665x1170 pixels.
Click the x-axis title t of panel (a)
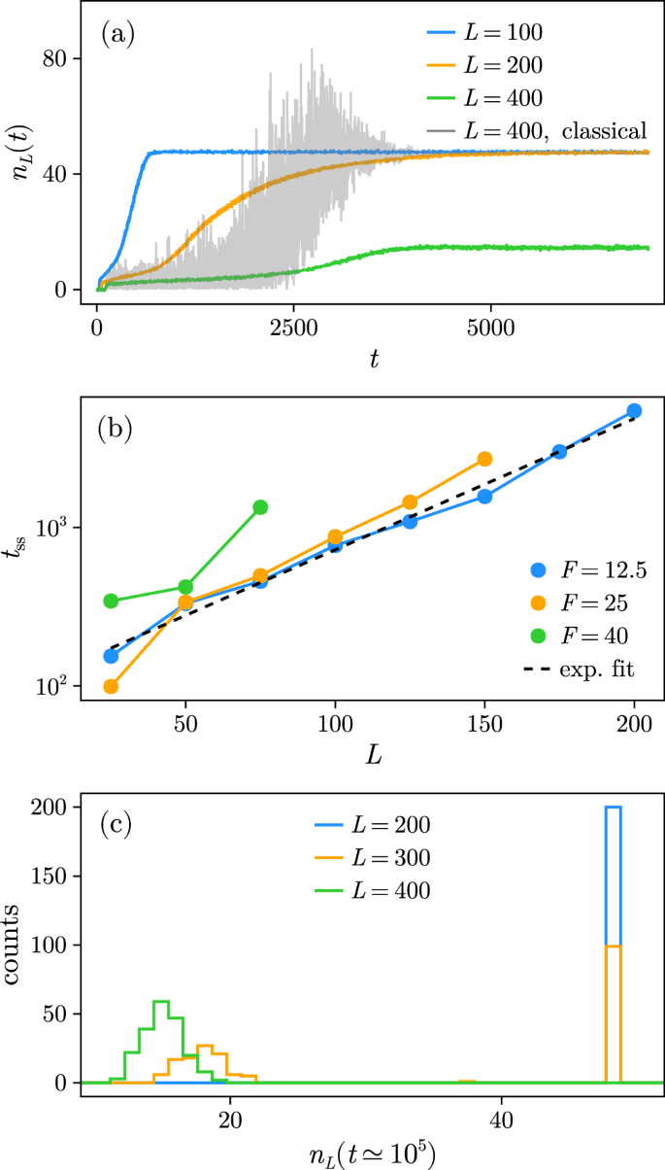click(x=373, y=360)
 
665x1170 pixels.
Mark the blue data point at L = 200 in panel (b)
click(x=634, y=411)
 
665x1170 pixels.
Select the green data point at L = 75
click(x=260, y=507)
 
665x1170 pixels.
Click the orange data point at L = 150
click(x=484, y=459)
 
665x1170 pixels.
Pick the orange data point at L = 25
click(x=111, y=686)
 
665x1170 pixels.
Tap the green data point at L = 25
click(x=111, y=601)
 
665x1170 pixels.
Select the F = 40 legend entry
click(x=580, y=637)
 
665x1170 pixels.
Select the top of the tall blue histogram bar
click(x=614, y=808)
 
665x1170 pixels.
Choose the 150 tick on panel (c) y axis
click(x=59, y=876)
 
